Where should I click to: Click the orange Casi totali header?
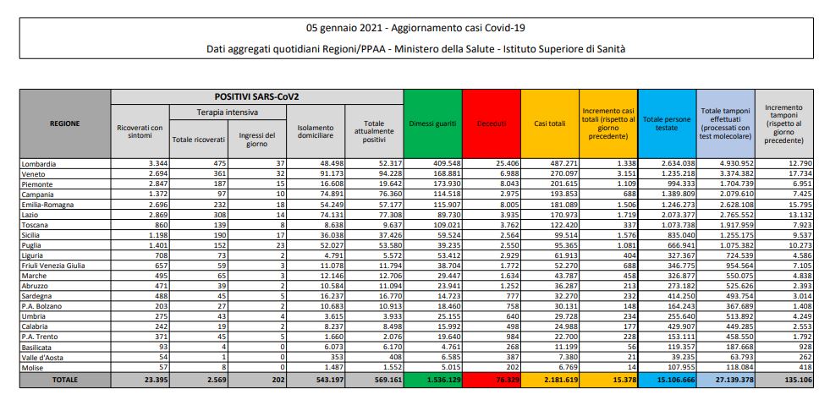pyautogui.click(x=547, y=122)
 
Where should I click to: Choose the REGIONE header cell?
pyautogui.click(x=65, y=122)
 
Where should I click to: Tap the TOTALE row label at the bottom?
pyautogui.click(x=65, y=381)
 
